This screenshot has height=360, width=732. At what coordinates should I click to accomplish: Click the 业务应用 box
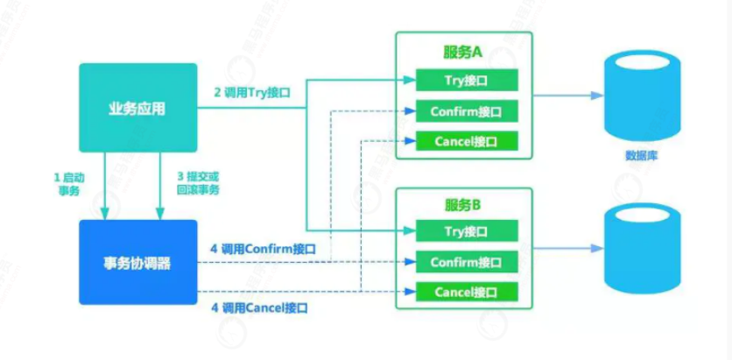137,108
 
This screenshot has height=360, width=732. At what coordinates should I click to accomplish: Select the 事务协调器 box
137,262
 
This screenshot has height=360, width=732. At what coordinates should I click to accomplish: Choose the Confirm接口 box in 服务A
465,111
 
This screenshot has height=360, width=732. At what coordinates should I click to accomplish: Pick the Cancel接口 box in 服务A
465,140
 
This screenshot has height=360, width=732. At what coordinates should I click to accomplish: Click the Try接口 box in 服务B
465,231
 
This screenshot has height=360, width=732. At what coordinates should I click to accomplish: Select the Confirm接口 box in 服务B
465,261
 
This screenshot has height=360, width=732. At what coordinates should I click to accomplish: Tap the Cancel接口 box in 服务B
465,291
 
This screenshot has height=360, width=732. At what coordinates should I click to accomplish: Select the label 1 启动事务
67,183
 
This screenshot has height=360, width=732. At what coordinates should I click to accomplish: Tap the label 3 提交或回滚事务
195,183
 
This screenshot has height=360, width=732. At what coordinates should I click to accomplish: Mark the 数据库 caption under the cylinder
642,155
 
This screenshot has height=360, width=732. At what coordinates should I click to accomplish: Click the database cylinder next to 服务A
642,95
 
